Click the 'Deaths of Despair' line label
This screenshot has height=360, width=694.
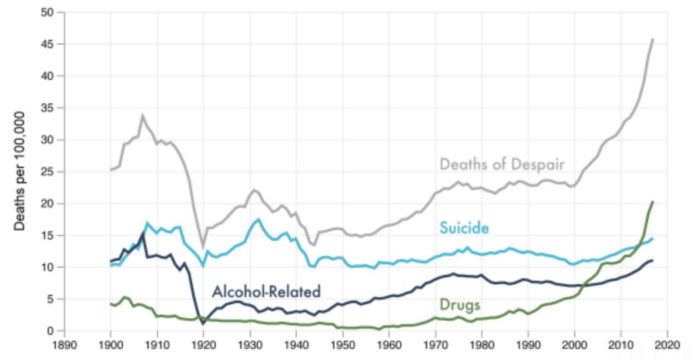pos(501,164)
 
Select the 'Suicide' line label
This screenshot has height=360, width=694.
pos(464,228)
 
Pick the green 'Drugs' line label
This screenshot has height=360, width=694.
pos(460,305)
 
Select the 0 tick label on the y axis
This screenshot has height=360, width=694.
pos(52,331)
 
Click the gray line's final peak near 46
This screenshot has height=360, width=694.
pos(653,39)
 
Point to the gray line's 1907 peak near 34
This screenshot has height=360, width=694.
pos(142,115)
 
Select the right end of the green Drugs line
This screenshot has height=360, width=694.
pos(653,202)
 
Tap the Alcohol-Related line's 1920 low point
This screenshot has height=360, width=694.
pos(203,324)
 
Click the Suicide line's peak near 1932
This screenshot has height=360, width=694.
pos(259,219)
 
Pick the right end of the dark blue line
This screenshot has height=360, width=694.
pos(653,260)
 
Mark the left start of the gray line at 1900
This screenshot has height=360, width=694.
pos(110,170)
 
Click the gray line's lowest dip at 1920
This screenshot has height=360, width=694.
pos(203,246)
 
